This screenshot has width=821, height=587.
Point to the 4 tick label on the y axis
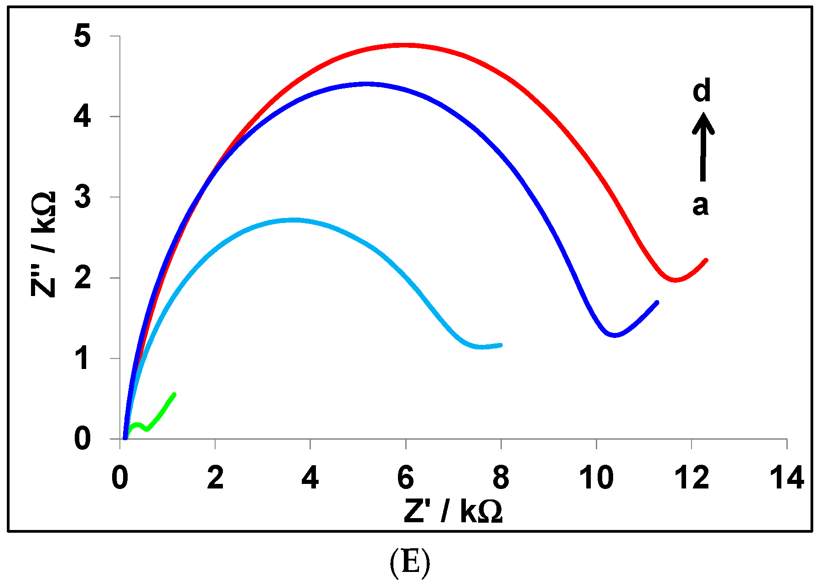click(83, 117)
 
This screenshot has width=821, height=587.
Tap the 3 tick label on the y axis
click(83, 197)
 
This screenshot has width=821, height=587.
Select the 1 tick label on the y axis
click(83, 358)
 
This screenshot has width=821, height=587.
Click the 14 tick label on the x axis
click(786, 478)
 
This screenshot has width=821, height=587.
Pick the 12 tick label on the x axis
click(691, 478)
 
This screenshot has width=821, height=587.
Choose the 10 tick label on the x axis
click(596, 478)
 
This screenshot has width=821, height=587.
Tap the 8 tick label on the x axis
click(501, 478)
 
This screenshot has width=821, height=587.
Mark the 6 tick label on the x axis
click(405, 478)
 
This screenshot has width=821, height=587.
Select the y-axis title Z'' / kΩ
click(44, 244)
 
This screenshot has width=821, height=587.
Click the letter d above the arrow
click(702, 90)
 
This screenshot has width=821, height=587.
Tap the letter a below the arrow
click(701, 205)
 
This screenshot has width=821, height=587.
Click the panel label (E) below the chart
click(410, 562)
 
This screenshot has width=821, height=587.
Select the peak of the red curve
click(406, 45)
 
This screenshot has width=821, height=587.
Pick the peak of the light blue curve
click(294, 220)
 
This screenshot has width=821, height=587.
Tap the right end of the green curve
click(174, 394)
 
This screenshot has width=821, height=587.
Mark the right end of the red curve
click(706, 260)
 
